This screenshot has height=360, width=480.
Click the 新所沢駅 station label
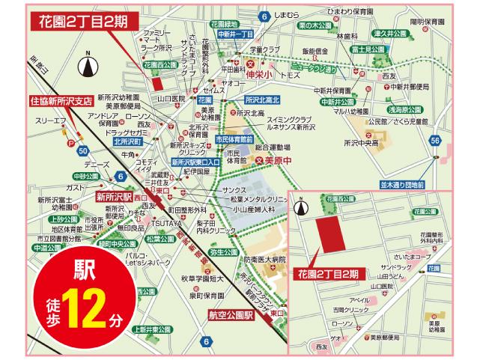click(x=115, y=198)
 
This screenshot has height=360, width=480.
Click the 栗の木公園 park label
click(x=314, y=25)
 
